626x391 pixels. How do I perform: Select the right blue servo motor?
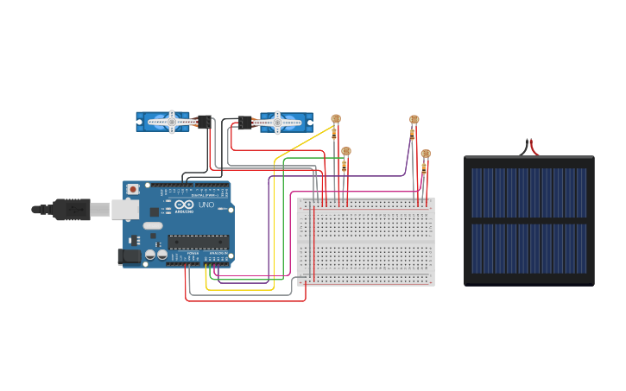281,123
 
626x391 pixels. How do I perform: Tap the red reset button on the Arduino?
133,189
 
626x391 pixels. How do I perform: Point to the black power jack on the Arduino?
129,255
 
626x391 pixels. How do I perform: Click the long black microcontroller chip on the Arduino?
199,241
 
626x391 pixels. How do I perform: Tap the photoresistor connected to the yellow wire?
336,120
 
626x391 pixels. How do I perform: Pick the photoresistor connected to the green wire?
346,151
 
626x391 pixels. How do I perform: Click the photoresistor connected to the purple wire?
414,120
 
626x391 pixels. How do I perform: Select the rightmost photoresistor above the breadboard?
425,154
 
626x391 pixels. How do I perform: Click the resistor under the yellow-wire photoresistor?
335,134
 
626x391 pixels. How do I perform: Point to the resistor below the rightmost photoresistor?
424,167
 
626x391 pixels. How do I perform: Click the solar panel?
528,220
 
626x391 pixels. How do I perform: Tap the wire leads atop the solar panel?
528,148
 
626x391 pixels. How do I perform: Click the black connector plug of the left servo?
205,122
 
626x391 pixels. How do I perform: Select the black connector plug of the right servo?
244,123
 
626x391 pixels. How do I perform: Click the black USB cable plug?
70,208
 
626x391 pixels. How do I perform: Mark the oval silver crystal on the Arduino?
151,226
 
